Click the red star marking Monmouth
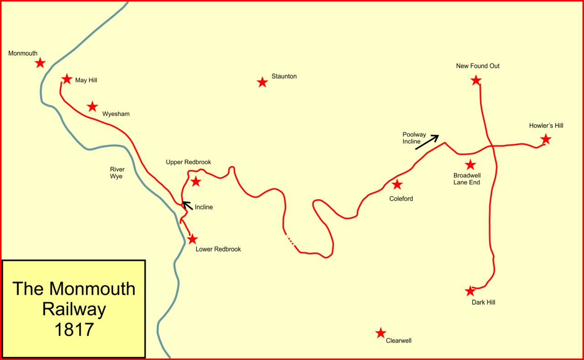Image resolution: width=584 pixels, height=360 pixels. pos(40,63)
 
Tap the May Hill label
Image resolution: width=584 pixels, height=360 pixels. pos(86,80)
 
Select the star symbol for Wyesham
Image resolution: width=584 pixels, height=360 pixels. pos(93,107)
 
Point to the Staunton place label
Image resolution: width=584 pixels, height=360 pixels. pos(284,76)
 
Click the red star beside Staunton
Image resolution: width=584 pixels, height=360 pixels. pos(262,83)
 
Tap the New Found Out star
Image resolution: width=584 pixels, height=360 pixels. pos(476,81)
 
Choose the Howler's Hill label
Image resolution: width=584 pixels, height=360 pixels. pos(546,125)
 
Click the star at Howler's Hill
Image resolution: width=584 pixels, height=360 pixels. pos(545,140)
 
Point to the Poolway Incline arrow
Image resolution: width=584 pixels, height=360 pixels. pos(427,142)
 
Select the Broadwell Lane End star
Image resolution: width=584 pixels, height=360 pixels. pos(470,165)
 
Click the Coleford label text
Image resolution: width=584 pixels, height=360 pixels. pos(401,198)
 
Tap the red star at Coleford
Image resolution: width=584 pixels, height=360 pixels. pos(397,185)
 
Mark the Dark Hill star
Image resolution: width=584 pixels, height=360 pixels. pos(470,291)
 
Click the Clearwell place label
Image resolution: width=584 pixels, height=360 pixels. pos(398,340)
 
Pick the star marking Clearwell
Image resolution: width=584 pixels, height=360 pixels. pos(381,333)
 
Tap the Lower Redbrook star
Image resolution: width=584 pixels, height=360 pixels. pos(193,239)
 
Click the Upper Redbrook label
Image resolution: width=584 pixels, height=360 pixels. pos(188,162)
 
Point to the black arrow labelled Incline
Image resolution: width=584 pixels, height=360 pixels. pos(188,205)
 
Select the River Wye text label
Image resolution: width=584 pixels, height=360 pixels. pos(117,173)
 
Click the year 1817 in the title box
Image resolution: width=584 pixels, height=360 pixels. pos(74,329)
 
